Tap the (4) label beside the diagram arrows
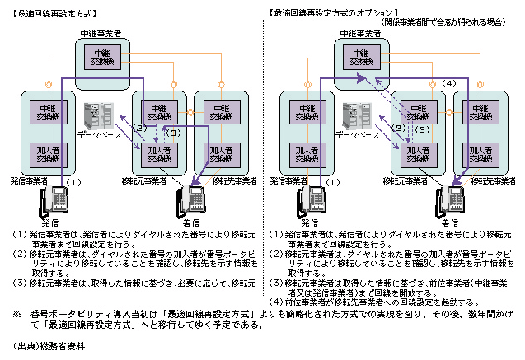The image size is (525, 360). [x=449, y=84]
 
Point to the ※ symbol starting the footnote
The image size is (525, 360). [x=16, y=314]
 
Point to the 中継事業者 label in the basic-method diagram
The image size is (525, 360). [x=103, y=33]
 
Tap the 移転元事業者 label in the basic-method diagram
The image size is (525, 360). [x=145, y=180]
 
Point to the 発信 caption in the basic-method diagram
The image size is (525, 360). [x=51, y=222]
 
